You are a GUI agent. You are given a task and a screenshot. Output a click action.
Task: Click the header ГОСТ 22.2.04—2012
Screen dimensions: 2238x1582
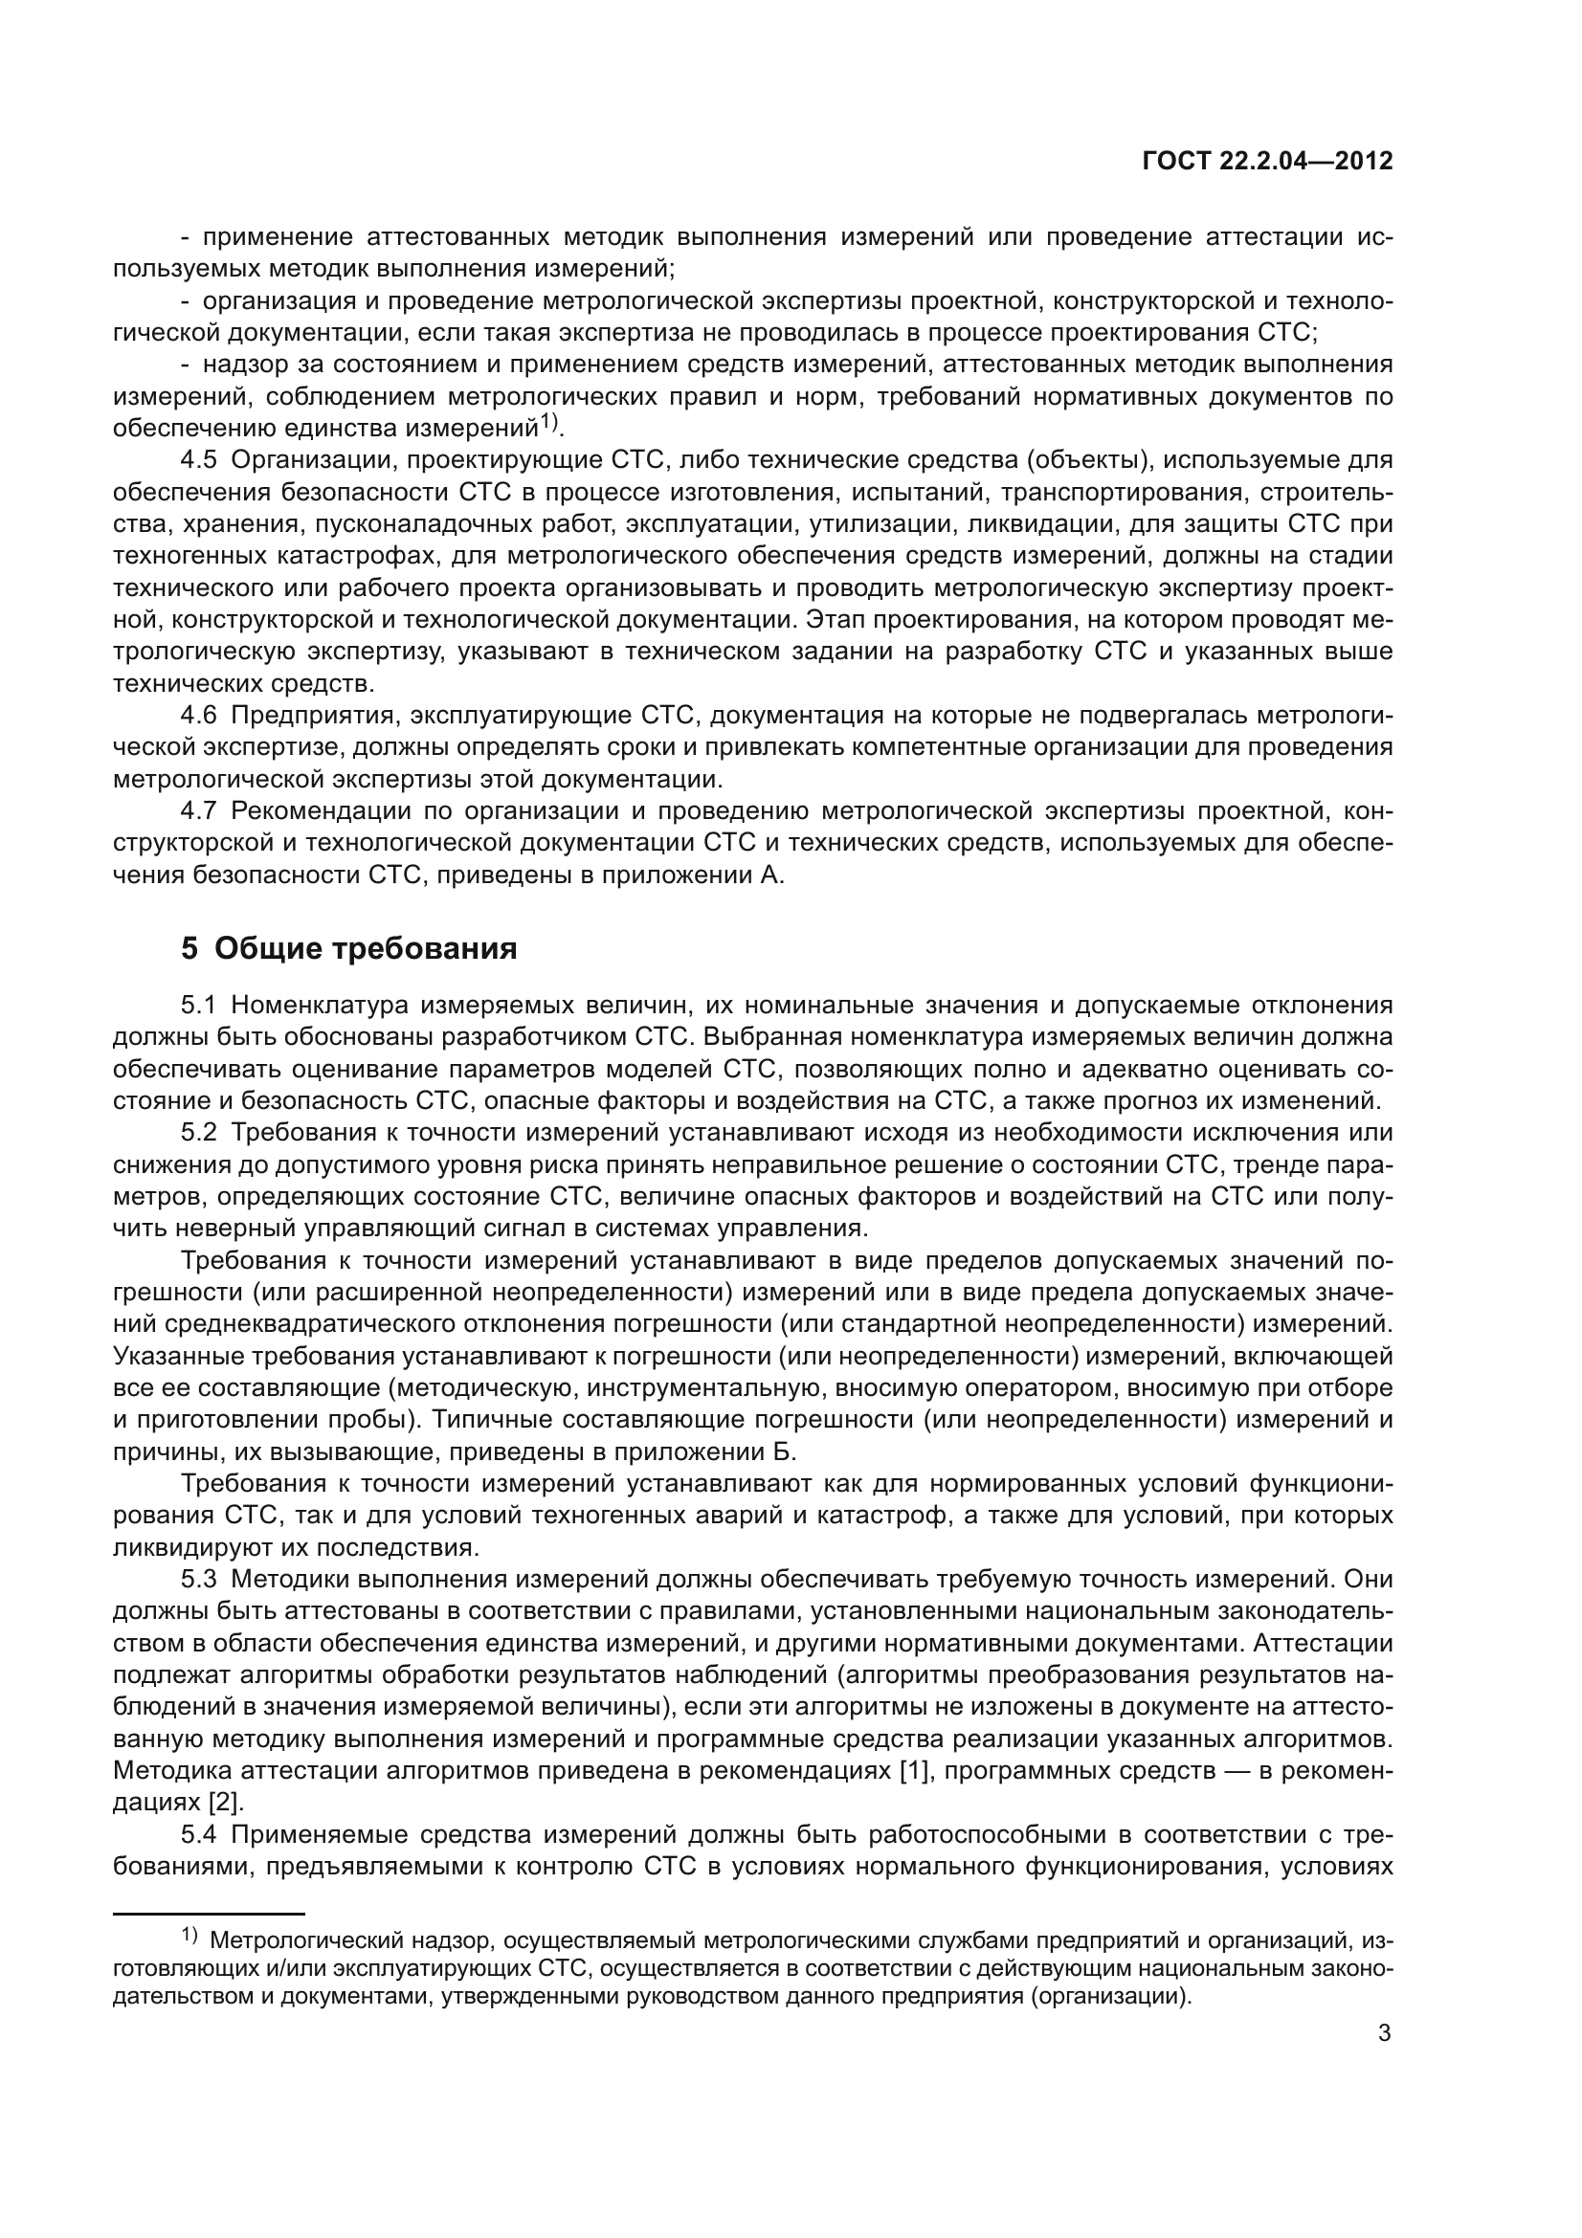pos(1266,162)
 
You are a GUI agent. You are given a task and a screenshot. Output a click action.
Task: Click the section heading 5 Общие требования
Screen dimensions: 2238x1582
pos(348,948)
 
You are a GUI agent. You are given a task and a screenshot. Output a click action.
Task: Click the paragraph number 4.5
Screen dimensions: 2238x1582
pos(199,460)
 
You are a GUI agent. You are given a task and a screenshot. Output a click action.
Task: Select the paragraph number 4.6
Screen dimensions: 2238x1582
pos(199,716)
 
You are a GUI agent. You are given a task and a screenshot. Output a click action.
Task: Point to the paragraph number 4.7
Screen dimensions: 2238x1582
pos(199,811)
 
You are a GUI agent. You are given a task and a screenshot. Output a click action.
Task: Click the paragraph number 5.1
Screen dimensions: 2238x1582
pos(199,1005)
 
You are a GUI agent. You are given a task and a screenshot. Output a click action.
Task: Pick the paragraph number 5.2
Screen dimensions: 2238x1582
pos(199,1133)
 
